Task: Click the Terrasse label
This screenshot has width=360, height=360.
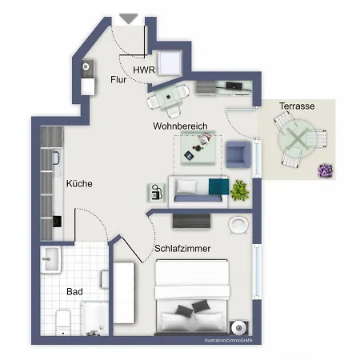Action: (296, 106)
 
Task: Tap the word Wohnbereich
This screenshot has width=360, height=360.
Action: (181, 127)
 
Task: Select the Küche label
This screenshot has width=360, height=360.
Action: (79, 183)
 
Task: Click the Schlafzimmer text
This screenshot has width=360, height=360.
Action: (183, 249)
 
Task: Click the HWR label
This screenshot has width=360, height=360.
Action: (144, 70)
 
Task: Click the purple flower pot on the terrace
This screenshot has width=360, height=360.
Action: (325, 170)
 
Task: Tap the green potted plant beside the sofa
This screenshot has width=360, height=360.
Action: (238, 190)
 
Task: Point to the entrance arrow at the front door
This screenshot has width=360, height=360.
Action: (129, 18)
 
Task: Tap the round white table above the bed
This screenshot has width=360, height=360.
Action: (238, 225)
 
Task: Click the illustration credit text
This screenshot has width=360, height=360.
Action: (228, 342)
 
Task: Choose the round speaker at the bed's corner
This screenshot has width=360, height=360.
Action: (238, 326)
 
